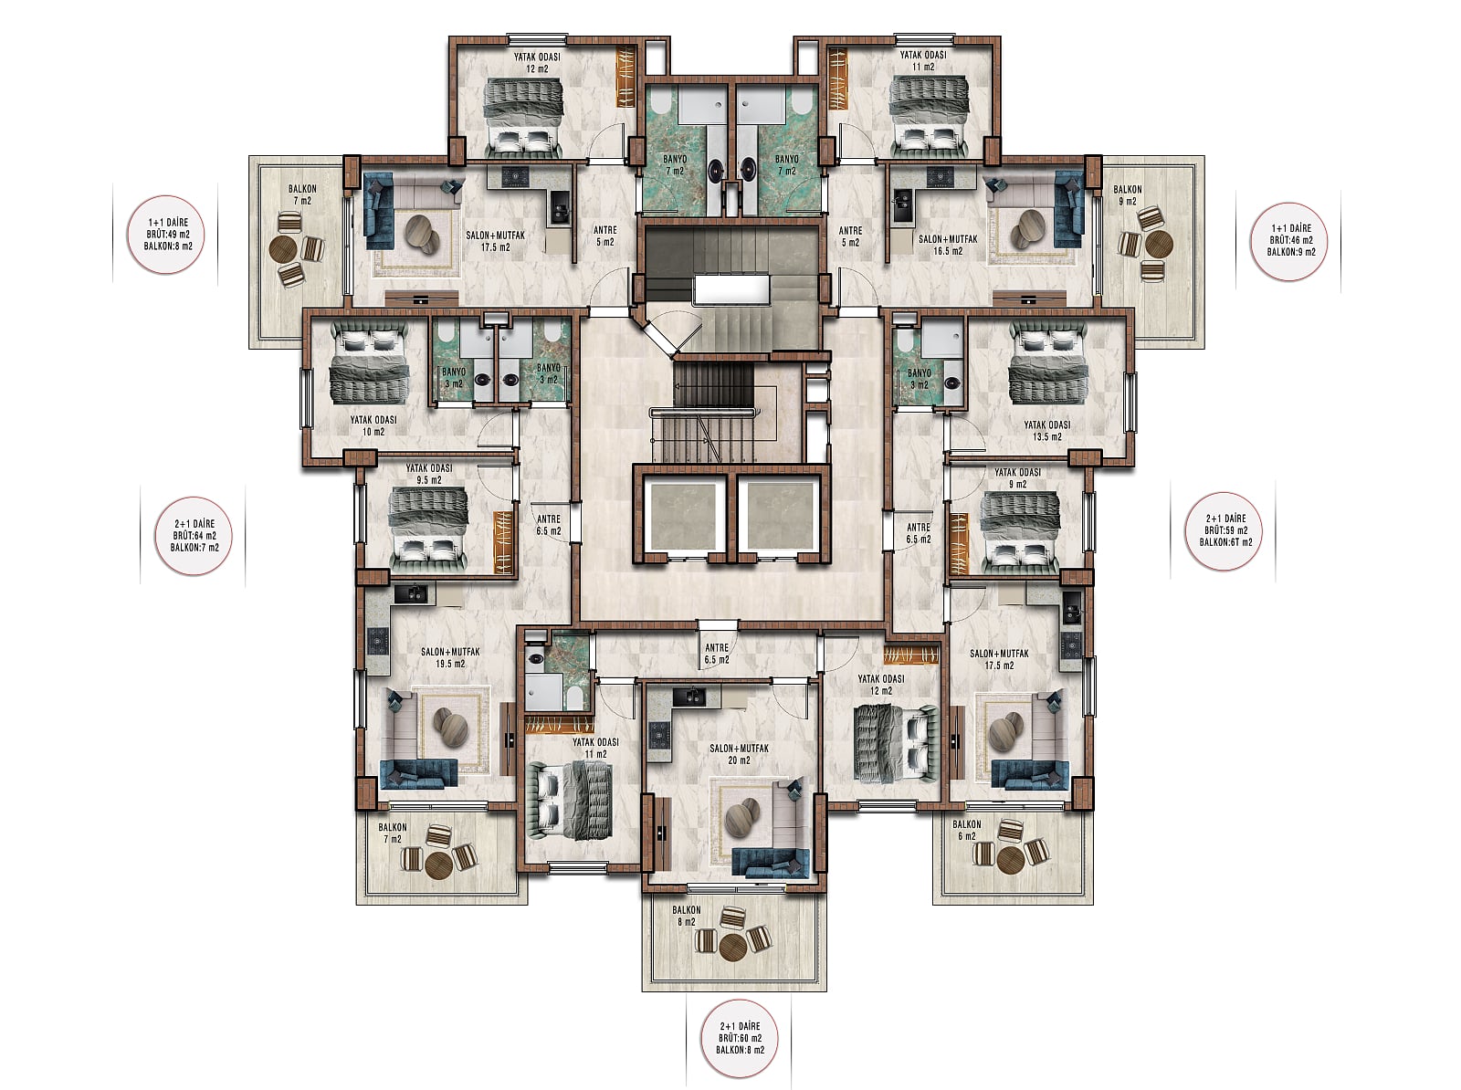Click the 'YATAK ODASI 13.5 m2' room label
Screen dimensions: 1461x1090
pyautogui.click(x=1047, y=431)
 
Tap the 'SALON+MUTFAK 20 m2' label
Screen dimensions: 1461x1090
pyautogui.click(x=739, y=754)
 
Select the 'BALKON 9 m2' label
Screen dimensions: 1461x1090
pyautogui.click(x=1128, y=195)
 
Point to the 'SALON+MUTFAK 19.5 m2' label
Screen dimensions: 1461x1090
pyautogui.click(x=450, y=657)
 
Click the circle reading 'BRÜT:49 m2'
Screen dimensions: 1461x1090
pyautogui.click(x=166, y=235)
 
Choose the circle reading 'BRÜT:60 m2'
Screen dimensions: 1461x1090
pyautogui.click(x=740, y=1038)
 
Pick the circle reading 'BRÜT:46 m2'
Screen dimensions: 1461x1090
pyautogui.click(x=1290, y=241)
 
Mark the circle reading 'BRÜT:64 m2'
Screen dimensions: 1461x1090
pyautogui.click(x=194, y=536)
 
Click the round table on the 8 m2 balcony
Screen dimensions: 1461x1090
pyautogui.click(x=732, y=947)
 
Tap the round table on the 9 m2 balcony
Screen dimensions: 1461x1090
pyautogui.click(x=1159, y=245)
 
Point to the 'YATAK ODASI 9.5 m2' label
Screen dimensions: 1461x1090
pyautogui.click(x=429, y=474)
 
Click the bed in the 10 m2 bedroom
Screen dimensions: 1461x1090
pyautogui.click(x=370, y=364)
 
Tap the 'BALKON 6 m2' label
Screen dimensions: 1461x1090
pyautogui.click(x=966, y=830)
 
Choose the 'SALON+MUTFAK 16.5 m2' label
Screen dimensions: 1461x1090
pyautogui.click(x=948, y=245)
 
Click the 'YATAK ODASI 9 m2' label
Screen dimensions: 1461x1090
pyautogui.click(x=1017, y=477)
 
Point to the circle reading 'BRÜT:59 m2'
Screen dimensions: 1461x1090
pyautogui.click(x=1225, y=530)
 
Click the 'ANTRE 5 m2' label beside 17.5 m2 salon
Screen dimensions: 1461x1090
pyautogui.click(x=604, y=236)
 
